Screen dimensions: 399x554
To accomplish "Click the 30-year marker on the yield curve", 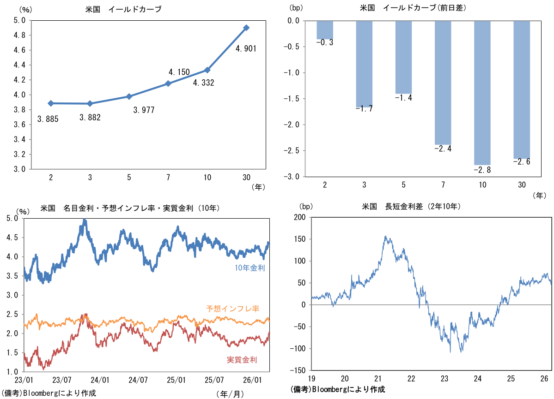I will pyautogui.click(x=246, y=28).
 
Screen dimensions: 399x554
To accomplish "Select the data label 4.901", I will pyautogui.click(x=246, y=48).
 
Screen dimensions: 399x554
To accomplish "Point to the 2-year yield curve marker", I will pyautogui.click(x=51, y=103).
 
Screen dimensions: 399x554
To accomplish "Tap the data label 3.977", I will pyautogui.click(x=143, y=110).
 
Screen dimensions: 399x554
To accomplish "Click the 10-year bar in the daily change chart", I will pyautogui.click(x=482, y=93).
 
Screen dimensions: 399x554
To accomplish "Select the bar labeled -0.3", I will pyautogui.click(x=325, y=30).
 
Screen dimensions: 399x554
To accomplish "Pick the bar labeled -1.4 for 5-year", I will pyautogui.click(x=403, y=57).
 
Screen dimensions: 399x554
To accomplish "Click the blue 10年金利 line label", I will pyautogui.click(x=250, y=268).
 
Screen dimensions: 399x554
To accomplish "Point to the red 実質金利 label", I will pyautogui.click(x=242, y=360).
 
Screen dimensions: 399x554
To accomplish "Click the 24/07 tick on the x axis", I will pyautogui.click(x=138, y=380).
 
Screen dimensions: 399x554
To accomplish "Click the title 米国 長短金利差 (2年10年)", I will pyautogui.click(x=411, y=207).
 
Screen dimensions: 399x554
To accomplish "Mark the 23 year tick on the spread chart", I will pyautogui.click(x=444, y=379).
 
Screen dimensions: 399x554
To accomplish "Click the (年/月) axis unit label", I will pyautogui.click(x=229, y=393).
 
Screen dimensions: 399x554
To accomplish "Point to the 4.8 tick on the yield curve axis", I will pyautogui.click(x=19, y=35).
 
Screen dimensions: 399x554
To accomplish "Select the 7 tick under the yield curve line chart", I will pyautogui.click(x=168, y=177).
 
